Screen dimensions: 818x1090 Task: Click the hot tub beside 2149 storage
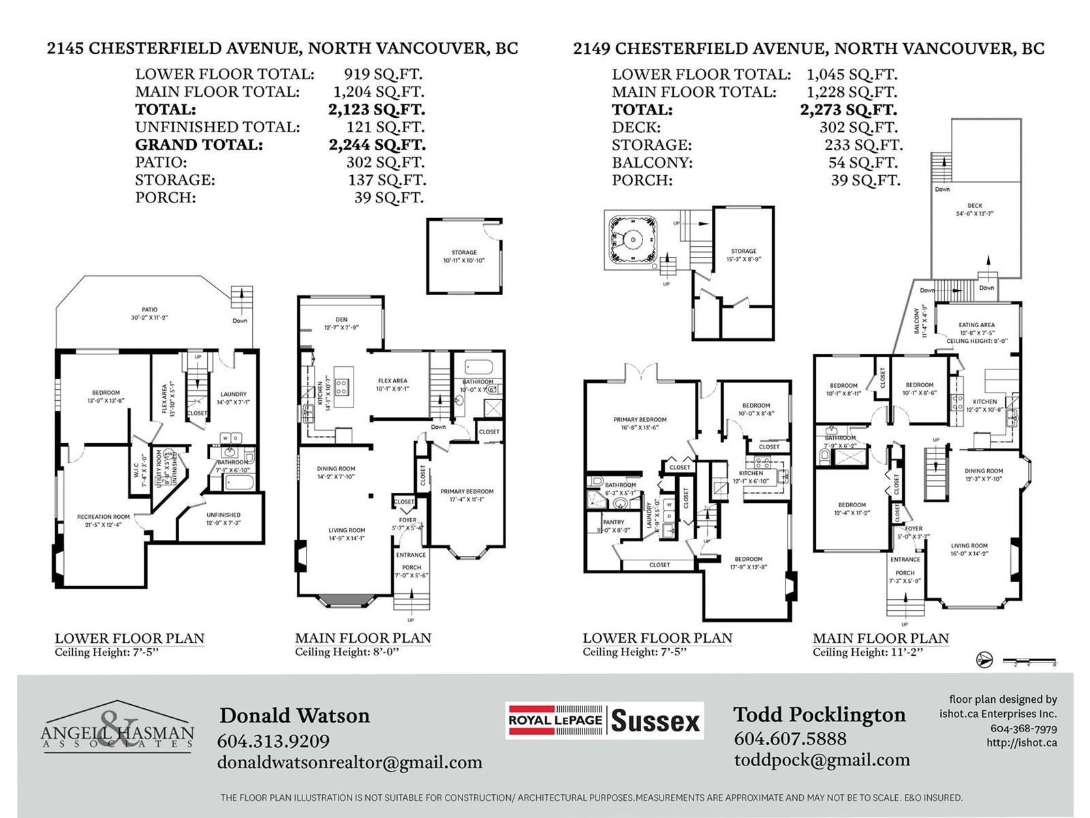tap(633, 239)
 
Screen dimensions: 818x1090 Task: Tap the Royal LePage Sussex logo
tap(604, 721)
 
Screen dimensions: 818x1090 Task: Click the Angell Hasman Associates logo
tap(117, 727)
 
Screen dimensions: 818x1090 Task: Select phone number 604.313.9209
tap(273, 741)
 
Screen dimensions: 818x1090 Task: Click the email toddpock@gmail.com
tap(822, 760)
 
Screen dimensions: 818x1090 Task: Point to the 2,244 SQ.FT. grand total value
tap(377, 145)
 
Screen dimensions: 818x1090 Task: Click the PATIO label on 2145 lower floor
tap(149, 309)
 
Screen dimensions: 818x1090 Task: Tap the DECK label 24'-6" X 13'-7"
tap(975, 206)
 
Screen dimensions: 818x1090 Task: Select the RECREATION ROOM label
tap(103, 517)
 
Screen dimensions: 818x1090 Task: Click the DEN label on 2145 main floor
tap(341, 319)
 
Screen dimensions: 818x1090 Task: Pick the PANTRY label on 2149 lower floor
tap(613, 522)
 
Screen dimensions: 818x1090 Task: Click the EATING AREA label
tap(976, 325)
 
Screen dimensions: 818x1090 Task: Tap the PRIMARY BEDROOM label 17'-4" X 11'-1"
tap(467, 491)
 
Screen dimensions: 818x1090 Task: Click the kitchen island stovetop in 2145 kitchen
tap(341, 388)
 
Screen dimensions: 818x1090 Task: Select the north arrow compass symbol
tap(984, 660)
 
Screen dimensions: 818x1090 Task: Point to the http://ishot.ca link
tap(1021, 743)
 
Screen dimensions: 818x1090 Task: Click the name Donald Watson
tap(294, 716)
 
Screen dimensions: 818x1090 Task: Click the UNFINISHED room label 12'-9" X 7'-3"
tap(223, 515)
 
